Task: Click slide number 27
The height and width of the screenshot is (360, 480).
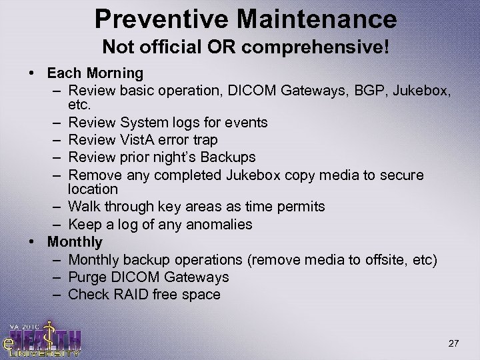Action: [453, 344]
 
